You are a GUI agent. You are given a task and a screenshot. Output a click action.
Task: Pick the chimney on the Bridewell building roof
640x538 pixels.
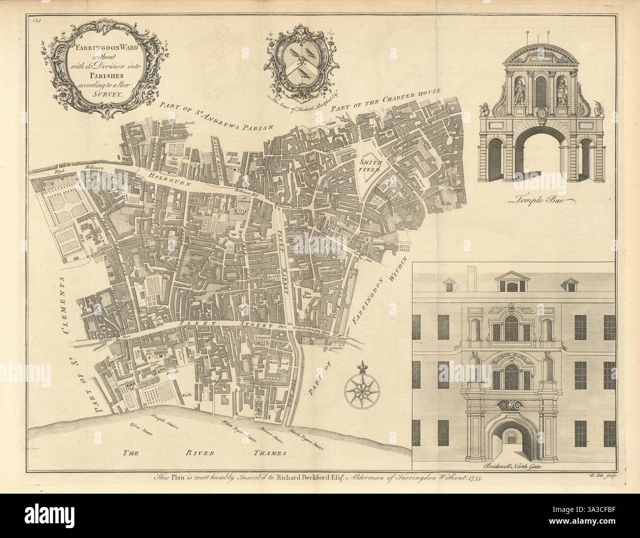[472, 275]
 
